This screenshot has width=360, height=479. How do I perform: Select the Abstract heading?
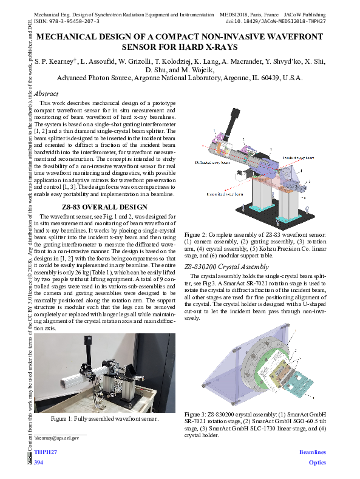[x=46, y=94]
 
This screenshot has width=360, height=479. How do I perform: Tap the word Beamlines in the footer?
[x=313, y=453]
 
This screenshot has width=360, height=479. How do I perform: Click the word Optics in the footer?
[x=317, y=463]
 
